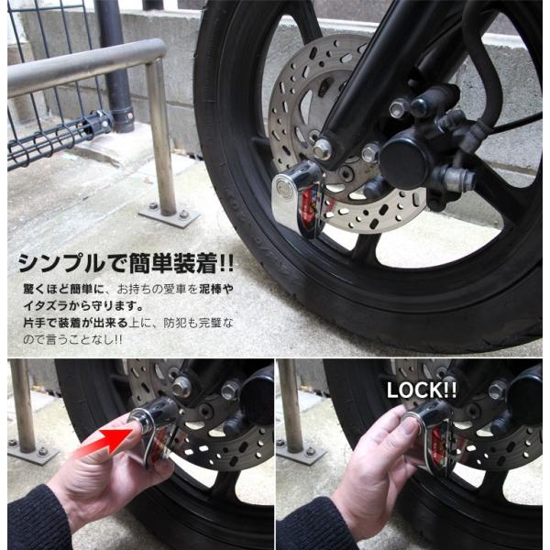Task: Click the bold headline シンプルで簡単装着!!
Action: (126, 264)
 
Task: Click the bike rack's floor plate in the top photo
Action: (170, 214)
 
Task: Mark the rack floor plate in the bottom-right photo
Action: (300, 451)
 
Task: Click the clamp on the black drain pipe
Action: (122, 117)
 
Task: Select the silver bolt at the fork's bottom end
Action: (322, 148)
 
